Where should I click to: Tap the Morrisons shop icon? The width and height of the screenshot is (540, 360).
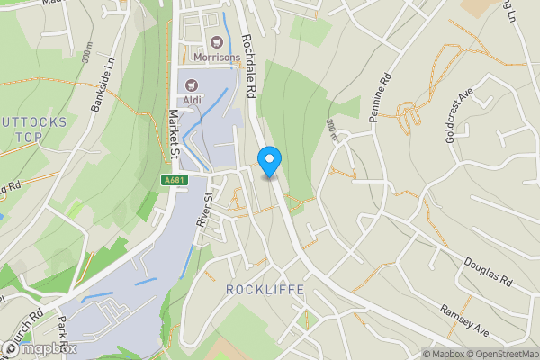[x=216, y=40]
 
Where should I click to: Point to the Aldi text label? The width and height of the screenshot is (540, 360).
[x=192, y=101]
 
